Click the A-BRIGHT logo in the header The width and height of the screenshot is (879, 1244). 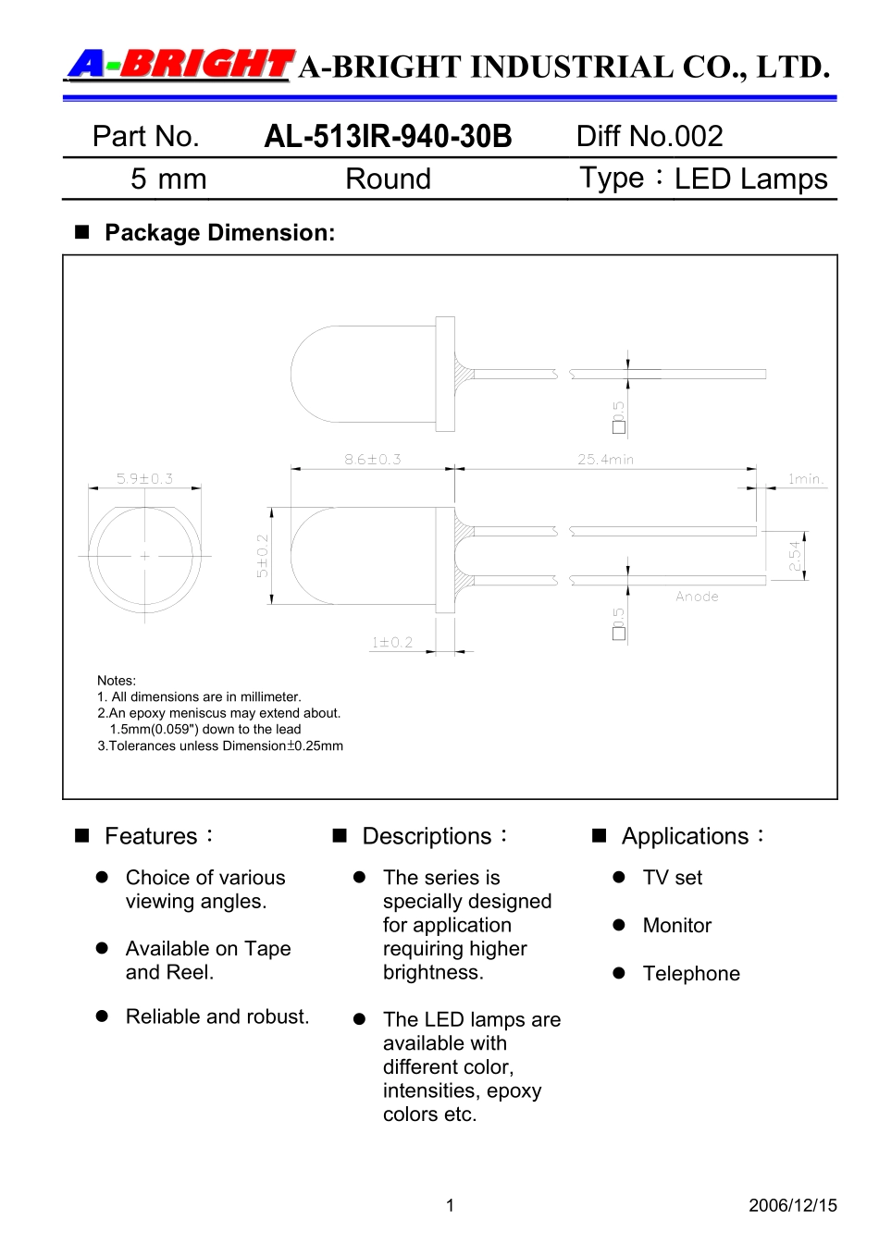[x=180, y=65]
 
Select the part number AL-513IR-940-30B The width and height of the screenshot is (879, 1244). [x=388, y=137]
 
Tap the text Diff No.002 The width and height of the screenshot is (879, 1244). [x=649, y=137]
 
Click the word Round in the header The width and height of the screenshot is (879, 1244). [x=388, y=179]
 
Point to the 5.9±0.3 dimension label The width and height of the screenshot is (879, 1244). [x=144, y=478]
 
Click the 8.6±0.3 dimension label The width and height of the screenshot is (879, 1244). [x=372, y=459]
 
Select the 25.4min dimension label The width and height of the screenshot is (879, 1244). [x=605, y=459]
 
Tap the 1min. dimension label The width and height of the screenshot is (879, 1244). [x=805, y=478]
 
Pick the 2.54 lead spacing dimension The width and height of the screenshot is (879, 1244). [x=794, y=556]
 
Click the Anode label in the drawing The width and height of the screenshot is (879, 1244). [x=697, y=597]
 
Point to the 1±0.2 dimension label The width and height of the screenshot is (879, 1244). [x=391, y=642]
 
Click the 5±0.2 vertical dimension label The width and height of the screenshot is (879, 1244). [x=262, y=556]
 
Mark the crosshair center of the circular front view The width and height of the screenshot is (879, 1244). [x=144, y=556]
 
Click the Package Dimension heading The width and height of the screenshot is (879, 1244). [x=219, y=233]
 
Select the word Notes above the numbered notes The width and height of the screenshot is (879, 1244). [x=116, y=681]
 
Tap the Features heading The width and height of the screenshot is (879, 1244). [x=151, y=836]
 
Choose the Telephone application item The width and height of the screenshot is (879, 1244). [x=691, y=974]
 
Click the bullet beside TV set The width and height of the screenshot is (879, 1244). [x=619, y=878]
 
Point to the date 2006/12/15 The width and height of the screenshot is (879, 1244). [x=792, y=1205]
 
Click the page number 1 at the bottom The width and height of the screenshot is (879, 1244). [x=450, y=1205]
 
